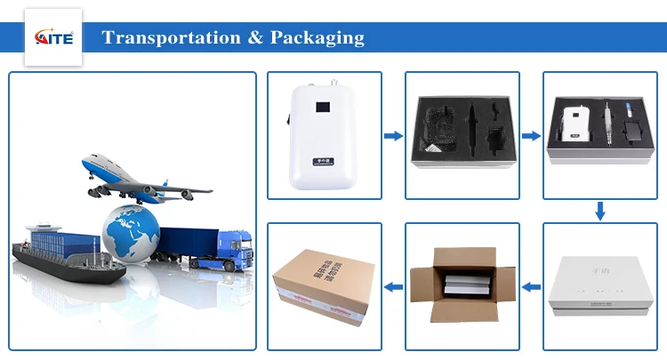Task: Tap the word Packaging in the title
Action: (x=318, y=38)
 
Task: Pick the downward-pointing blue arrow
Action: (x=600, y=211)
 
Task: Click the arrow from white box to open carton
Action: (x=531, y=286)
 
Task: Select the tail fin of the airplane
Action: (x=90, y=164)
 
